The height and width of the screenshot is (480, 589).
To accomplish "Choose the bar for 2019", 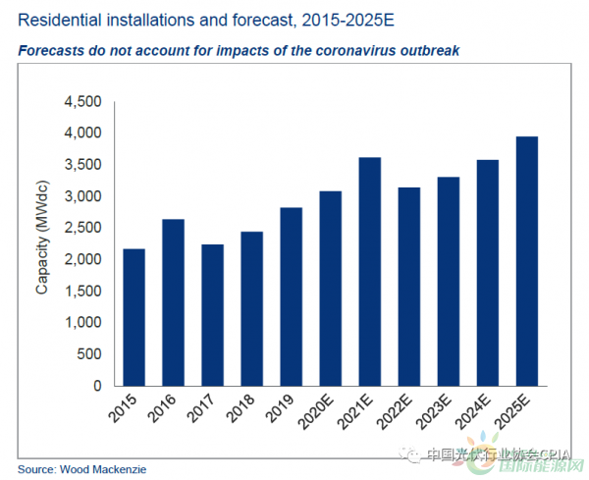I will pos(291,296).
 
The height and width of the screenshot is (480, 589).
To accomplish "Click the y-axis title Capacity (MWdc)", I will pos(44,244).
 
